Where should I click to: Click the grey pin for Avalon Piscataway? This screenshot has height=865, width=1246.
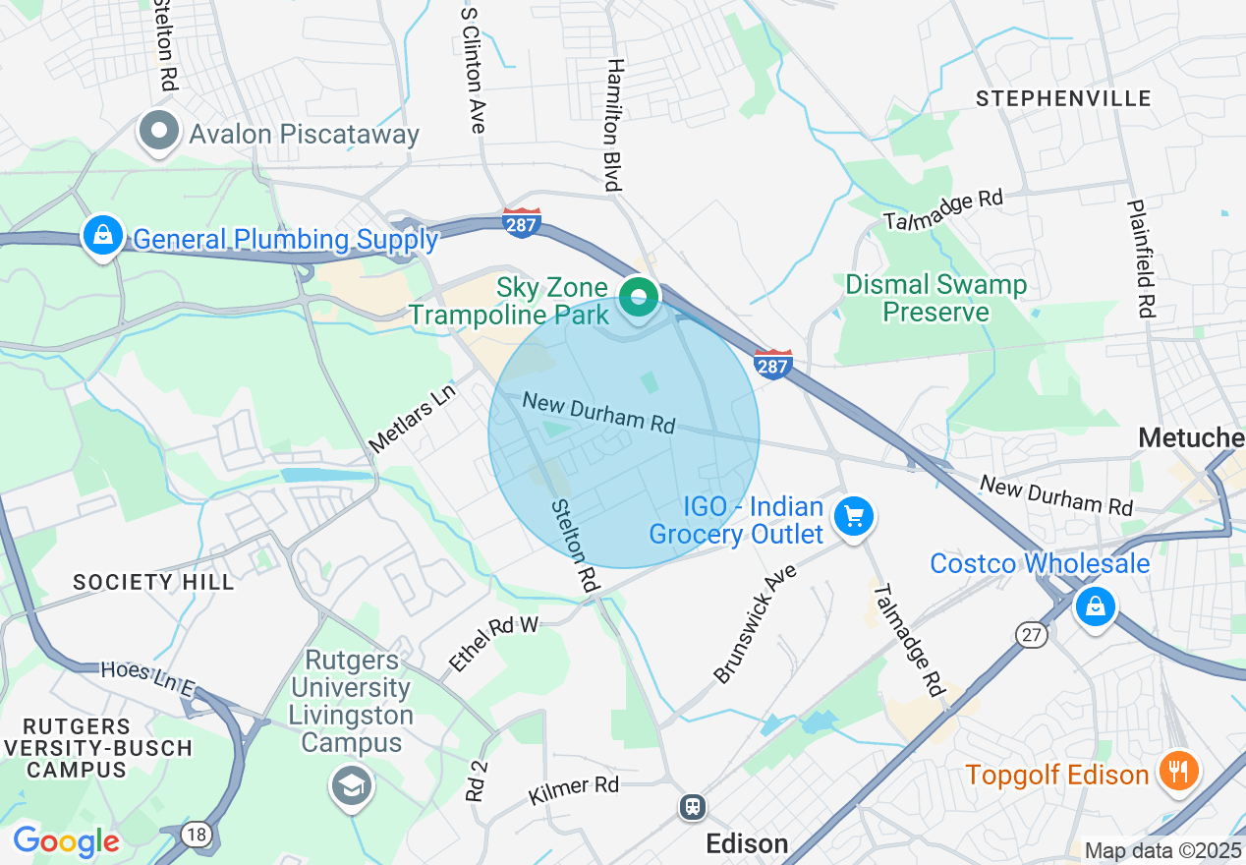point(158,131)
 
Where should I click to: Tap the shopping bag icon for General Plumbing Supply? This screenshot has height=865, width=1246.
point(102,235)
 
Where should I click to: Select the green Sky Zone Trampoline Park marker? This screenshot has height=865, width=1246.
point(640,295)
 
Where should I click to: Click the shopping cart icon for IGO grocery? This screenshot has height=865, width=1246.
point(853,515)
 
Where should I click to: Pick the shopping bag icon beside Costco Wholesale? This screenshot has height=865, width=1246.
point(1094,605)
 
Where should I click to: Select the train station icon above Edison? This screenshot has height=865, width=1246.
point(693,807)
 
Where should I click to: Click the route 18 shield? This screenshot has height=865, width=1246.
point(198,835)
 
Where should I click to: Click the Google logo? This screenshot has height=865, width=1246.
point(66,841)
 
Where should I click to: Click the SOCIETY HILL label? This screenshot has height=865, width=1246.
point(154,582)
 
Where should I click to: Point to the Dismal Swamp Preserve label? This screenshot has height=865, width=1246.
point(935,299)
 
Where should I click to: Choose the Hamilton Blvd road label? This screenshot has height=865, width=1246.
point(615,124)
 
